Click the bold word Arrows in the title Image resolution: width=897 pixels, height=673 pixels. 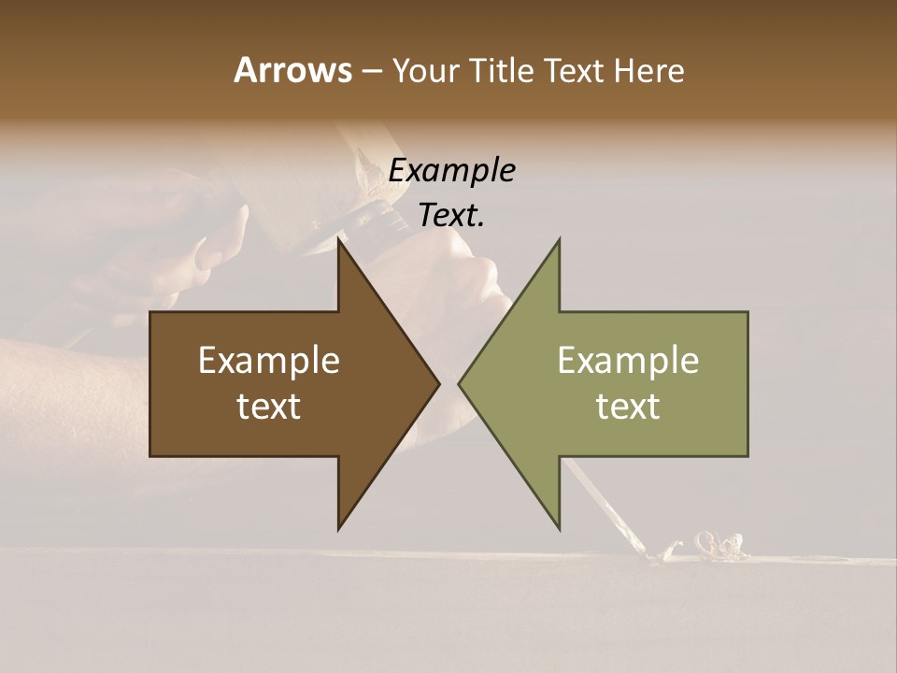tap(292, 70)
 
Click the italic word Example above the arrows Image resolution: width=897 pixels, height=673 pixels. tap(451, 171)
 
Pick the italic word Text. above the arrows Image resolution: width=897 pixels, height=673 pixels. tap(451, 216)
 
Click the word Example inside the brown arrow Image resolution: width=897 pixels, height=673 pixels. tap(269, 361)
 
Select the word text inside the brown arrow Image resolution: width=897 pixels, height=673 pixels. tap(269, 407)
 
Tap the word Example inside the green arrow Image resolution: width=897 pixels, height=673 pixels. tap(628, 361)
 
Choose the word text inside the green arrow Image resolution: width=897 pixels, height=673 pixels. tap(628, 407)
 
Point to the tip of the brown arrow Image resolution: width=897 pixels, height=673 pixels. tap(437, 384)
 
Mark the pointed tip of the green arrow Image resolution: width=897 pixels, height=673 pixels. tap(461, 384)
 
